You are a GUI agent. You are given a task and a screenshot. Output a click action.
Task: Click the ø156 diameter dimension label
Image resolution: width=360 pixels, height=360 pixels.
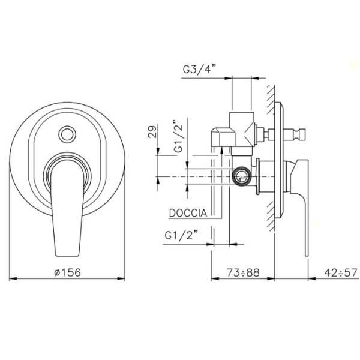pyautogui.click(x=67, y=273)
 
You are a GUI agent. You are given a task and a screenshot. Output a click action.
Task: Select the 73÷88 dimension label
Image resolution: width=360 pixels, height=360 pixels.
pyautogui.click(x=243, y=273)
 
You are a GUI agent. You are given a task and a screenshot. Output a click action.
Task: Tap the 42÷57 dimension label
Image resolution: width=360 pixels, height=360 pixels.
pyautogui.click(x=341, y=273)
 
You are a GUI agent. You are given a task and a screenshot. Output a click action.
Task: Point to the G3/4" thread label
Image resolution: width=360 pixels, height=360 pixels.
pyautogui.click(x=200, y=69)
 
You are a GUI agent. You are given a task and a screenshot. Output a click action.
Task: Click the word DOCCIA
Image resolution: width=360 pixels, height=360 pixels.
pyautogui.click(x=188, y=213)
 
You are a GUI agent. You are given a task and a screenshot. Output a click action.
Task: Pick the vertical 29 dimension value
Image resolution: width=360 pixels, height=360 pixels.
pyautogui.click(x=152, y=131)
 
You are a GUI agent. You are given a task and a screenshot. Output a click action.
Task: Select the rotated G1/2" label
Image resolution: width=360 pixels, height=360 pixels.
pyautogui.click(x=178, y=136)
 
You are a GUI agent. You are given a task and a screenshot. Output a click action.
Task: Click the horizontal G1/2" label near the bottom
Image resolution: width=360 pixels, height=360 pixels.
pyautogui.click(x=182, y=235)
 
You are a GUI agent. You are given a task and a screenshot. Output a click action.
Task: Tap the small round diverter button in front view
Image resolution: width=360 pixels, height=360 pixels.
pyautogui.click(x=67, y=134)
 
